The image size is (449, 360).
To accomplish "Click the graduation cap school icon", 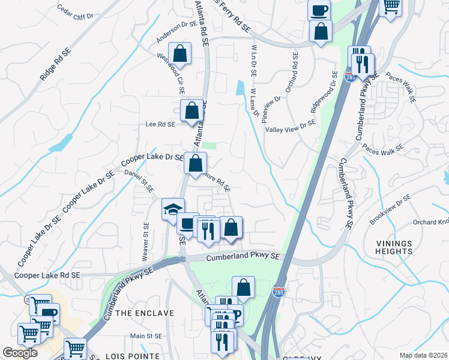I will click(x=173, y=209).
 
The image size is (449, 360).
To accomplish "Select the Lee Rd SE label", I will click(x=160, y=125).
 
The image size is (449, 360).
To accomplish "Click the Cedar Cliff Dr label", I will click(x=76, y=13).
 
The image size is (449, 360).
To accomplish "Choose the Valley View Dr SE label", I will click(x=291, y=125).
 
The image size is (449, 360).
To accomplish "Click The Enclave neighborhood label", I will click(x=145, y=313).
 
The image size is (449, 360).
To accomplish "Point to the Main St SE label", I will click(x=152, y=337).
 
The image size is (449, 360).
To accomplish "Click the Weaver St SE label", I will click(x=145, y=242).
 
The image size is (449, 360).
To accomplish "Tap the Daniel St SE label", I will click(x=139, y=181).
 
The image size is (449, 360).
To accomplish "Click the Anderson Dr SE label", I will click(x=177, y=33).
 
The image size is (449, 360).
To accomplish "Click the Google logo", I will click(x=20, y=353).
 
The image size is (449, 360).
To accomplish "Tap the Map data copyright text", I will click(x=423, y=355).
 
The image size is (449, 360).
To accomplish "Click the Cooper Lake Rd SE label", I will click(x=48, y=275).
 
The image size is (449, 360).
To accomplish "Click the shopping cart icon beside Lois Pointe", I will click(x=75, y=348).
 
